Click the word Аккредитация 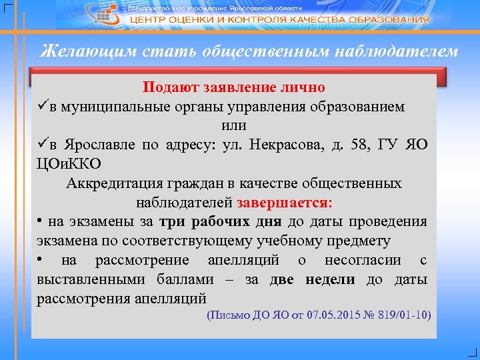[x=111, y=183]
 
